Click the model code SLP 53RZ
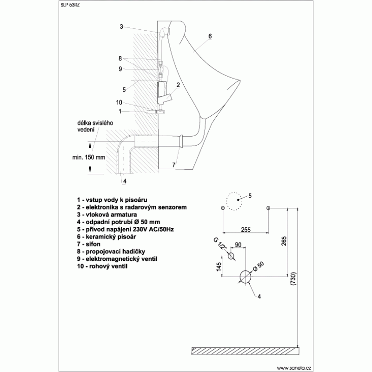coord(70,5)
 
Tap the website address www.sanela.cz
coord(294,368)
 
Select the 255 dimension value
coord(246,230)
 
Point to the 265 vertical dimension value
coord(284,241)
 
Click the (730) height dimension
coord(293,279)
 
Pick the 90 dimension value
coord(238,245)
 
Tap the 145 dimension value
coord(219,266)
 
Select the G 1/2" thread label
coord(220,243)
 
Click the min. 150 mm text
coord(89,157)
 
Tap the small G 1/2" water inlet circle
coord(231,256)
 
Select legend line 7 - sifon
coord(88,244)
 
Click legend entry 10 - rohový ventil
coord(102,266)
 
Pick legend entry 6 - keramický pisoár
coord(106,237)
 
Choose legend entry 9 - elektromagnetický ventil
coord(117,259)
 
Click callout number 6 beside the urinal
coord(210,36)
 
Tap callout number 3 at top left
coord(121,27)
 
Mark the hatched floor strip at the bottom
coord(246,351)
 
